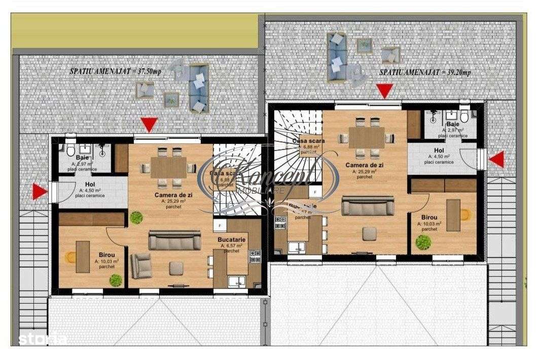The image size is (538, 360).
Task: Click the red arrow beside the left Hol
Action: tap(39, 192)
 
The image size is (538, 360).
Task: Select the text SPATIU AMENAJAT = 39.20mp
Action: tap(425, 73)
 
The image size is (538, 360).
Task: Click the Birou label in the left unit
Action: tap(106, 256)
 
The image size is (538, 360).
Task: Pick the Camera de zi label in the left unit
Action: tap(169, 195)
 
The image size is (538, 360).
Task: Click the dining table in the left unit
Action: tap(169, 167)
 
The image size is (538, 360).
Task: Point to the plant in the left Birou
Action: tap(116, 279)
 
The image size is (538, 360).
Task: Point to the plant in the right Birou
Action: tap(422, 242)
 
